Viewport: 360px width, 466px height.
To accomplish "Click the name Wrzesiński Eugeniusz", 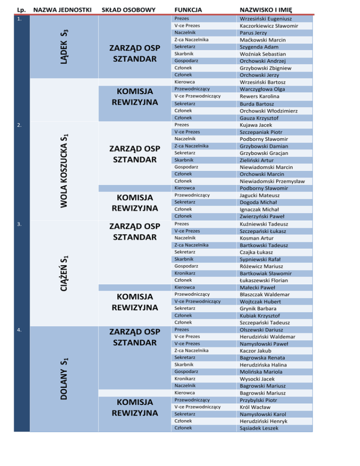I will [x=269, y=19].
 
